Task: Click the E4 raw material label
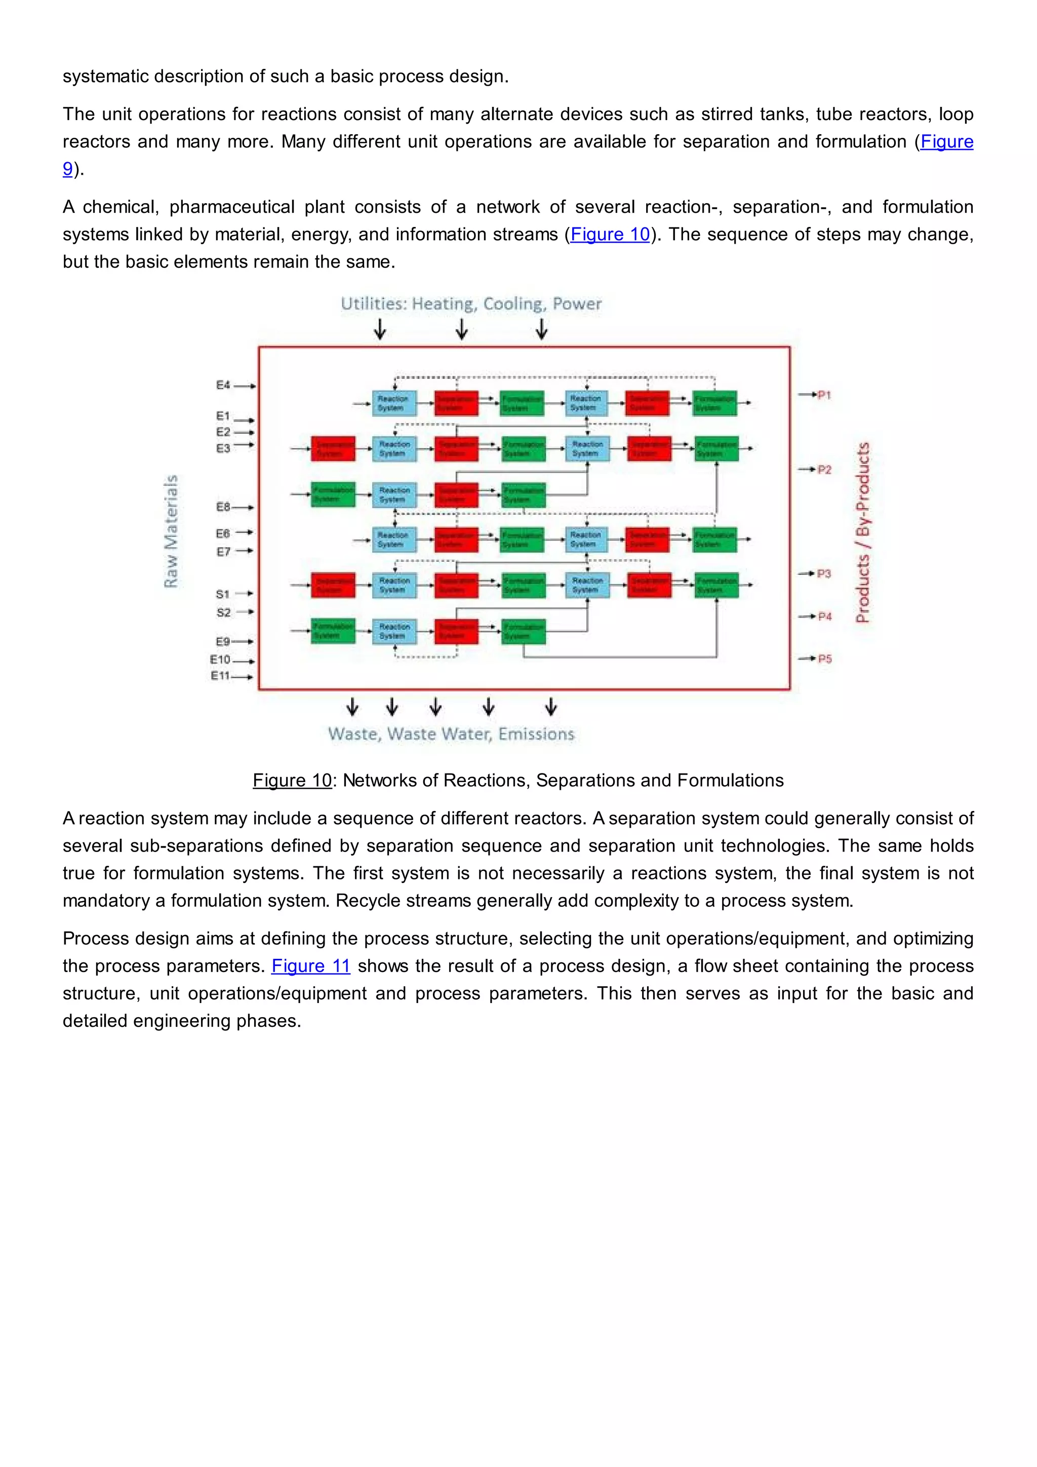click(223, 385)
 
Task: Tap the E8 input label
click(223, 507)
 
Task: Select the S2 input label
click(223, 612)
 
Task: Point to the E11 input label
click(220, 675)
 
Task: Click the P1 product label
click(824, 395)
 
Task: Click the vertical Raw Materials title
click(171, 531)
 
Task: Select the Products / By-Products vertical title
click(863, 532)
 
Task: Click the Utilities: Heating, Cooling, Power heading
click(471, 303)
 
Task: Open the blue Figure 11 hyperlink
click(311, 966)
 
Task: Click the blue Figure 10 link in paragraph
click(610, 235)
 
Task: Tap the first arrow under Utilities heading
click(380, 329)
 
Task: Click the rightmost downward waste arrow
click(551, 707)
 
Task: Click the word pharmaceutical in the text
click(232, 207)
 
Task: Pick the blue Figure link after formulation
click(946, 141)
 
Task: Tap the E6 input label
click(223, 533)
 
